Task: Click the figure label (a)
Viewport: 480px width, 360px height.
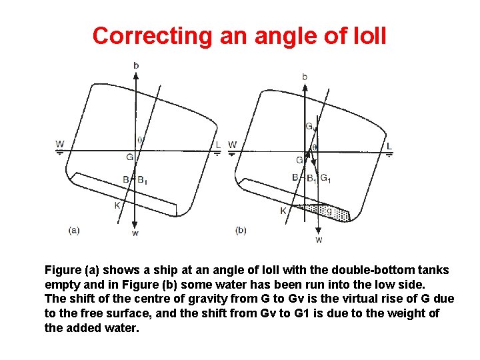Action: pyautogui.click(x=74, y=230)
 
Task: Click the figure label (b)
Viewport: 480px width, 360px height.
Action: pyautogui.click(x=241, y=230)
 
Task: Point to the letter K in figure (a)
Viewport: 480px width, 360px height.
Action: pyautogui.click(x=117, y=205)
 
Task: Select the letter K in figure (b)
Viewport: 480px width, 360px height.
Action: pyautogui.click(x=283, y=210)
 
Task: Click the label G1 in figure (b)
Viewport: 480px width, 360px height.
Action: pyautogui.click(x=326, y=178)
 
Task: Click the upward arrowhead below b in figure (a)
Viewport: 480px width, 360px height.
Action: pyautogui.click(x=136, y=74)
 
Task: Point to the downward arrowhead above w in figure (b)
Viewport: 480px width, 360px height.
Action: pyautogui.click(x=319, y=230)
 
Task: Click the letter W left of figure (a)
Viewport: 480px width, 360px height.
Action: pyautogui.click(x=60, y=144)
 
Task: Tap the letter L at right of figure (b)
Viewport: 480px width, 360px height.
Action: pyautogui.click(x=389, y=146)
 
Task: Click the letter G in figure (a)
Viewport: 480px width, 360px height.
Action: pyautogui.click(x=130, y=157)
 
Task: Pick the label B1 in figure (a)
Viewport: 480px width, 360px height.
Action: pyautogui.click(x=143, y=179)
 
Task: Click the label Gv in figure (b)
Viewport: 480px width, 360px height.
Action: pyautogui.click(x=309, y=127)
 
